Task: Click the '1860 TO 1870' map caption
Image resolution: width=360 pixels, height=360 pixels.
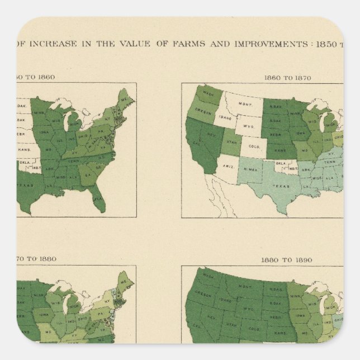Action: pyautogui.click(x=287, y=78)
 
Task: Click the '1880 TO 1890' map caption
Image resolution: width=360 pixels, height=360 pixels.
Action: pyautogui.click(x=287, y=260)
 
